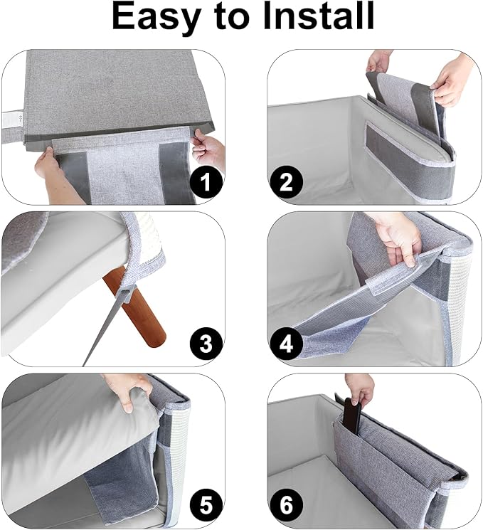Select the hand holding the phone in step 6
(x=360, y=388)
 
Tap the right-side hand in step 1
(x=209, y=149)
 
